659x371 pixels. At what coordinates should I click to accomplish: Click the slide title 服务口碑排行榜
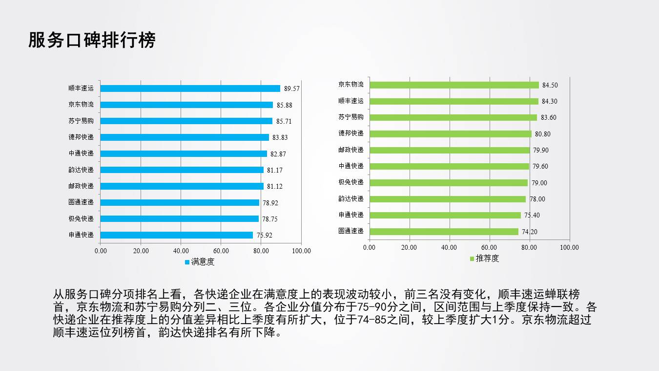pos(92,40)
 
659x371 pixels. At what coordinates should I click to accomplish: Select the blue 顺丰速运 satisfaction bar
pos(190,88)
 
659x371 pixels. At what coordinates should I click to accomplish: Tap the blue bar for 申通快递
pos(177,235)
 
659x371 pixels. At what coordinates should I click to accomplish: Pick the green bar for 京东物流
pos(454,85)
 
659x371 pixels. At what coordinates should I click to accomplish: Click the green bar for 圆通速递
pos(444,231)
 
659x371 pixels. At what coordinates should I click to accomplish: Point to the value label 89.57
pos(292,89)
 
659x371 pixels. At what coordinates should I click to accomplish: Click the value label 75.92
pos(265,235)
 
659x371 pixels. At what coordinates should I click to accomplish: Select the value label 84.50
pos(550,85)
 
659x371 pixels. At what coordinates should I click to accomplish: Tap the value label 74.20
pos(529,232)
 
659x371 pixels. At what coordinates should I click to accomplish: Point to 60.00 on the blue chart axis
pos(221,251)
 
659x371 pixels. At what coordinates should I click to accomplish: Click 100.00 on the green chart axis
pos(569,247)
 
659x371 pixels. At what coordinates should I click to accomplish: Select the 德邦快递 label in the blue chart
pos(81,137)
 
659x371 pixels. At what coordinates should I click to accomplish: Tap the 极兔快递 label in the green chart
pos(351,182)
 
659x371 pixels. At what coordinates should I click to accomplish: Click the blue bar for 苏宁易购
pos(186,121)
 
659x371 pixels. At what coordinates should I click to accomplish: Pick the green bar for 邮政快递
pos(450,150)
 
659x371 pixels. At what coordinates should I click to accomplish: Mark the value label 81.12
pos(275,186)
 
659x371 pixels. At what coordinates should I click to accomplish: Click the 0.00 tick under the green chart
pos(370,247)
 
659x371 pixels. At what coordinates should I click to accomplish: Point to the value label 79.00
pos(539,183)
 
